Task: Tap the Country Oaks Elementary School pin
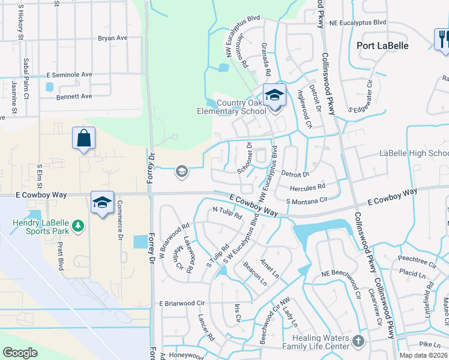(274, 96)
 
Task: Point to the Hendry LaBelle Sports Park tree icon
(77, 226)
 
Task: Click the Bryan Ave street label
(113, 38)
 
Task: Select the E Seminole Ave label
(70, 74)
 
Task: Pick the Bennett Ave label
(74, 96)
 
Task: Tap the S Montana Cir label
(307, 200)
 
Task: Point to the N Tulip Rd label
(227, 212)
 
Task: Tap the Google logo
(20, 353)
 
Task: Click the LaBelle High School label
(414, 154)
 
